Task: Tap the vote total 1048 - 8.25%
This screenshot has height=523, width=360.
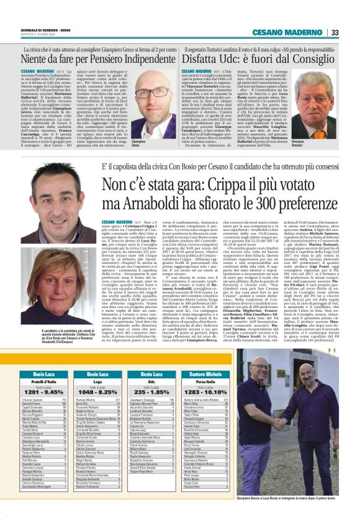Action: coord(97,393)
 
